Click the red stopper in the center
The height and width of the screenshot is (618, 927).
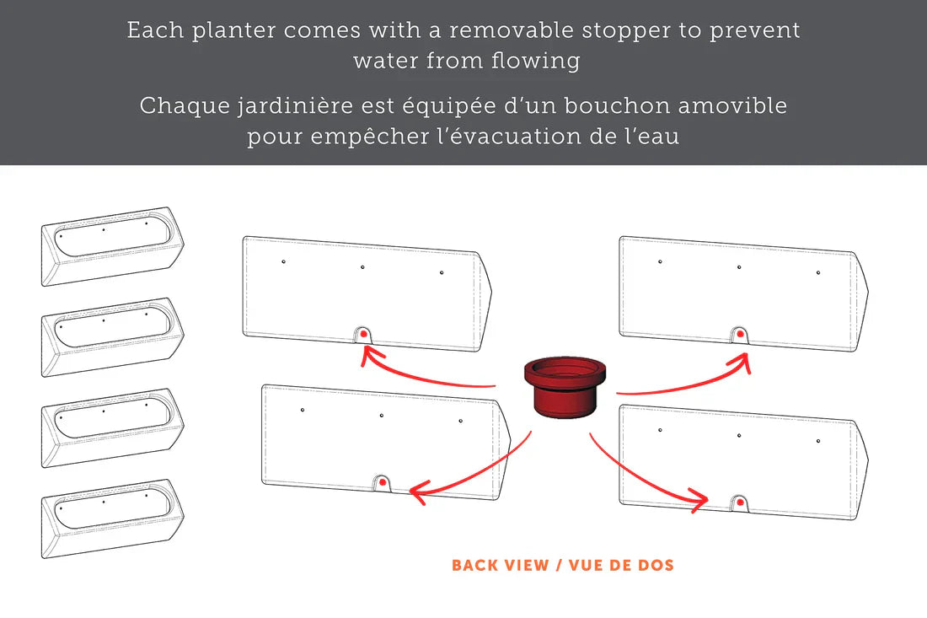[565, 387]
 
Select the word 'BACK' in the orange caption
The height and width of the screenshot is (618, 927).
[474, 566]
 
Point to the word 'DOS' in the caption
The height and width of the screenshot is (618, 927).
[656, 566]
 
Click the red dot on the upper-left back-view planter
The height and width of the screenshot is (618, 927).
[363, 334]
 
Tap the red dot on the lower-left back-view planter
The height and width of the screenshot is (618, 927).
[383, 482]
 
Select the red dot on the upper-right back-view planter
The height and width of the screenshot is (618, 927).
[740, 334]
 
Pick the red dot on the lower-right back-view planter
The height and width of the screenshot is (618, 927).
[740, 503]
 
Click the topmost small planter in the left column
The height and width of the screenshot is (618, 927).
[112, 246]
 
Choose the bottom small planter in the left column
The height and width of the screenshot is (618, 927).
[112, 519]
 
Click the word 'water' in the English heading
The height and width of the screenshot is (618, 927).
[386, 61]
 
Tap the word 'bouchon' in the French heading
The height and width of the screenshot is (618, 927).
[617, 106]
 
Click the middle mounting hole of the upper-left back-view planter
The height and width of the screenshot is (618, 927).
[362, 267]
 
